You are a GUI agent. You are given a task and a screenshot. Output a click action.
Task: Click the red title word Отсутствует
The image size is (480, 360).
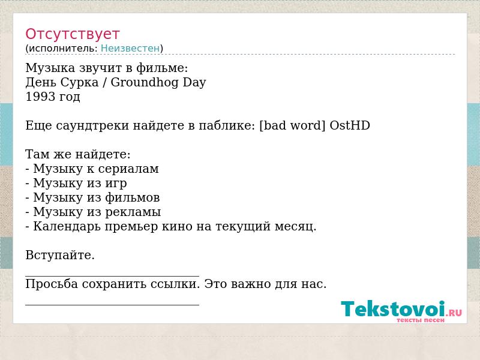(x=72, y=34)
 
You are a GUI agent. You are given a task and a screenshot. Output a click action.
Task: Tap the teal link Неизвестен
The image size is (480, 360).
(x=130, y=49)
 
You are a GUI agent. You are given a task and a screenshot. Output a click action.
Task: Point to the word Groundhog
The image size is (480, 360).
(x=144, y=82)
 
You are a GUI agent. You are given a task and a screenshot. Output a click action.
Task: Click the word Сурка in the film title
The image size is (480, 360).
(x=79, y=82)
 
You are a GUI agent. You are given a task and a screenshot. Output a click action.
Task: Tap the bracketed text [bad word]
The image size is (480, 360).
(x=292, y=125)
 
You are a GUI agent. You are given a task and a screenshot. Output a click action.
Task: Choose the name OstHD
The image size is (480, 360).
(x=350, y=125)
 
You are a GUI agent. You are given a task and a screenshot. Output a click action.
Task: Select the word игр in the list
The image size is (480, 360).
(x=116, y=184)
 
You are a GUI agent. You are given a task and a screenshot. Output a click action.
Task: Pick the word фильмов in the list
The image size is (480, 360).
(x=133, y=197)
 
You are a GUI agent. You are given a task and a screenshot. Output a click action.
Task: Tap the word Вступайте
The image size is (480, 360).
(x=60, y=255)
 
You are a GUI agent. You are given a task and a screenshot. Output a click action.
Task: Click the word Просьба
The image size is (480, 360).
(x=52, y=284)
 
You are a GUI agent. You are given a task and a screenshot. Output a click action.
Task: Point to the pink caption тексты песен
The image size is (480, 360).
(x=421, y=320)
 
